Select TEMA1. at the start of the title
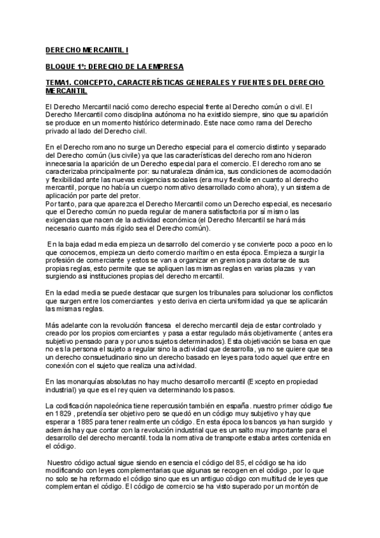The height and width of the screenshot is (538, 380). (60, 82)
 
